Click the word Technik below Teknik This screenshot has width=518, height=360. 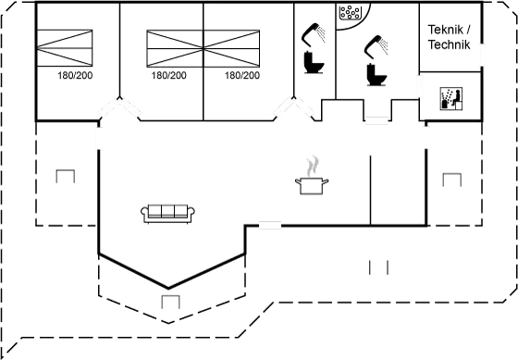(450, 44)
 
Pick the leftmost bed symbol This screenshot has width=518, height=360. (67, 44)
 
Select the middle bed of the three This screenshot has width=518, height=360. (175, 45)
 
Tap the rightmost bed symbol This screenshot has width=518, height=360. (232, 45)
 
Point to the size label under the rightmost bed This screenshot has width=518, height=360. (241, 76)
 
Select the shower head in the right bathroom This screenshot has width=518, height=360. (379, 43)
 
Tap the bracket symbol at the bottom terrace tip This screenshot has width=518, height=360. (169, 301)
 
